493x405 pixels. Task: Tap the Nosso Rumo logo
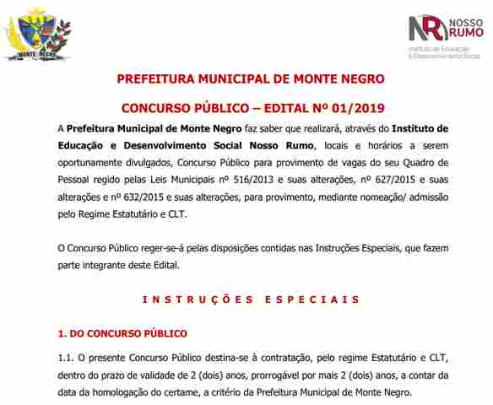[444, 35]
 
